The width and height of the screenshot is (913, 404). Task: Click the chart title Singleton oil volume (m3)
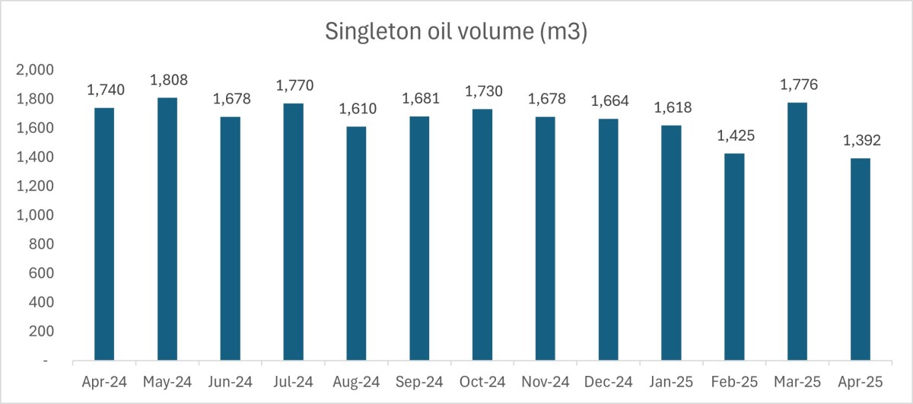pos(456,32)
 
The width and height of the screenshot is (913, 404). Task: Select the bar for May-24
pos(167,228)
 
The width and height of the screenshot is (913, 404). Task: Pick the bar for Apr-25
pos(861,259)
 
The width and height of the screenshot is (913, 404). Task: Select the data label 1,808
pos(168,80)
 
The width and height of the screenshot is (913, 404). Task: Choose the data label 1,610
pos(356,109)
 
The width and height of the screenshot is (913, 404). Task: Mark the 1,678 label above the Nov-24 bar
pos(546,99)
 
